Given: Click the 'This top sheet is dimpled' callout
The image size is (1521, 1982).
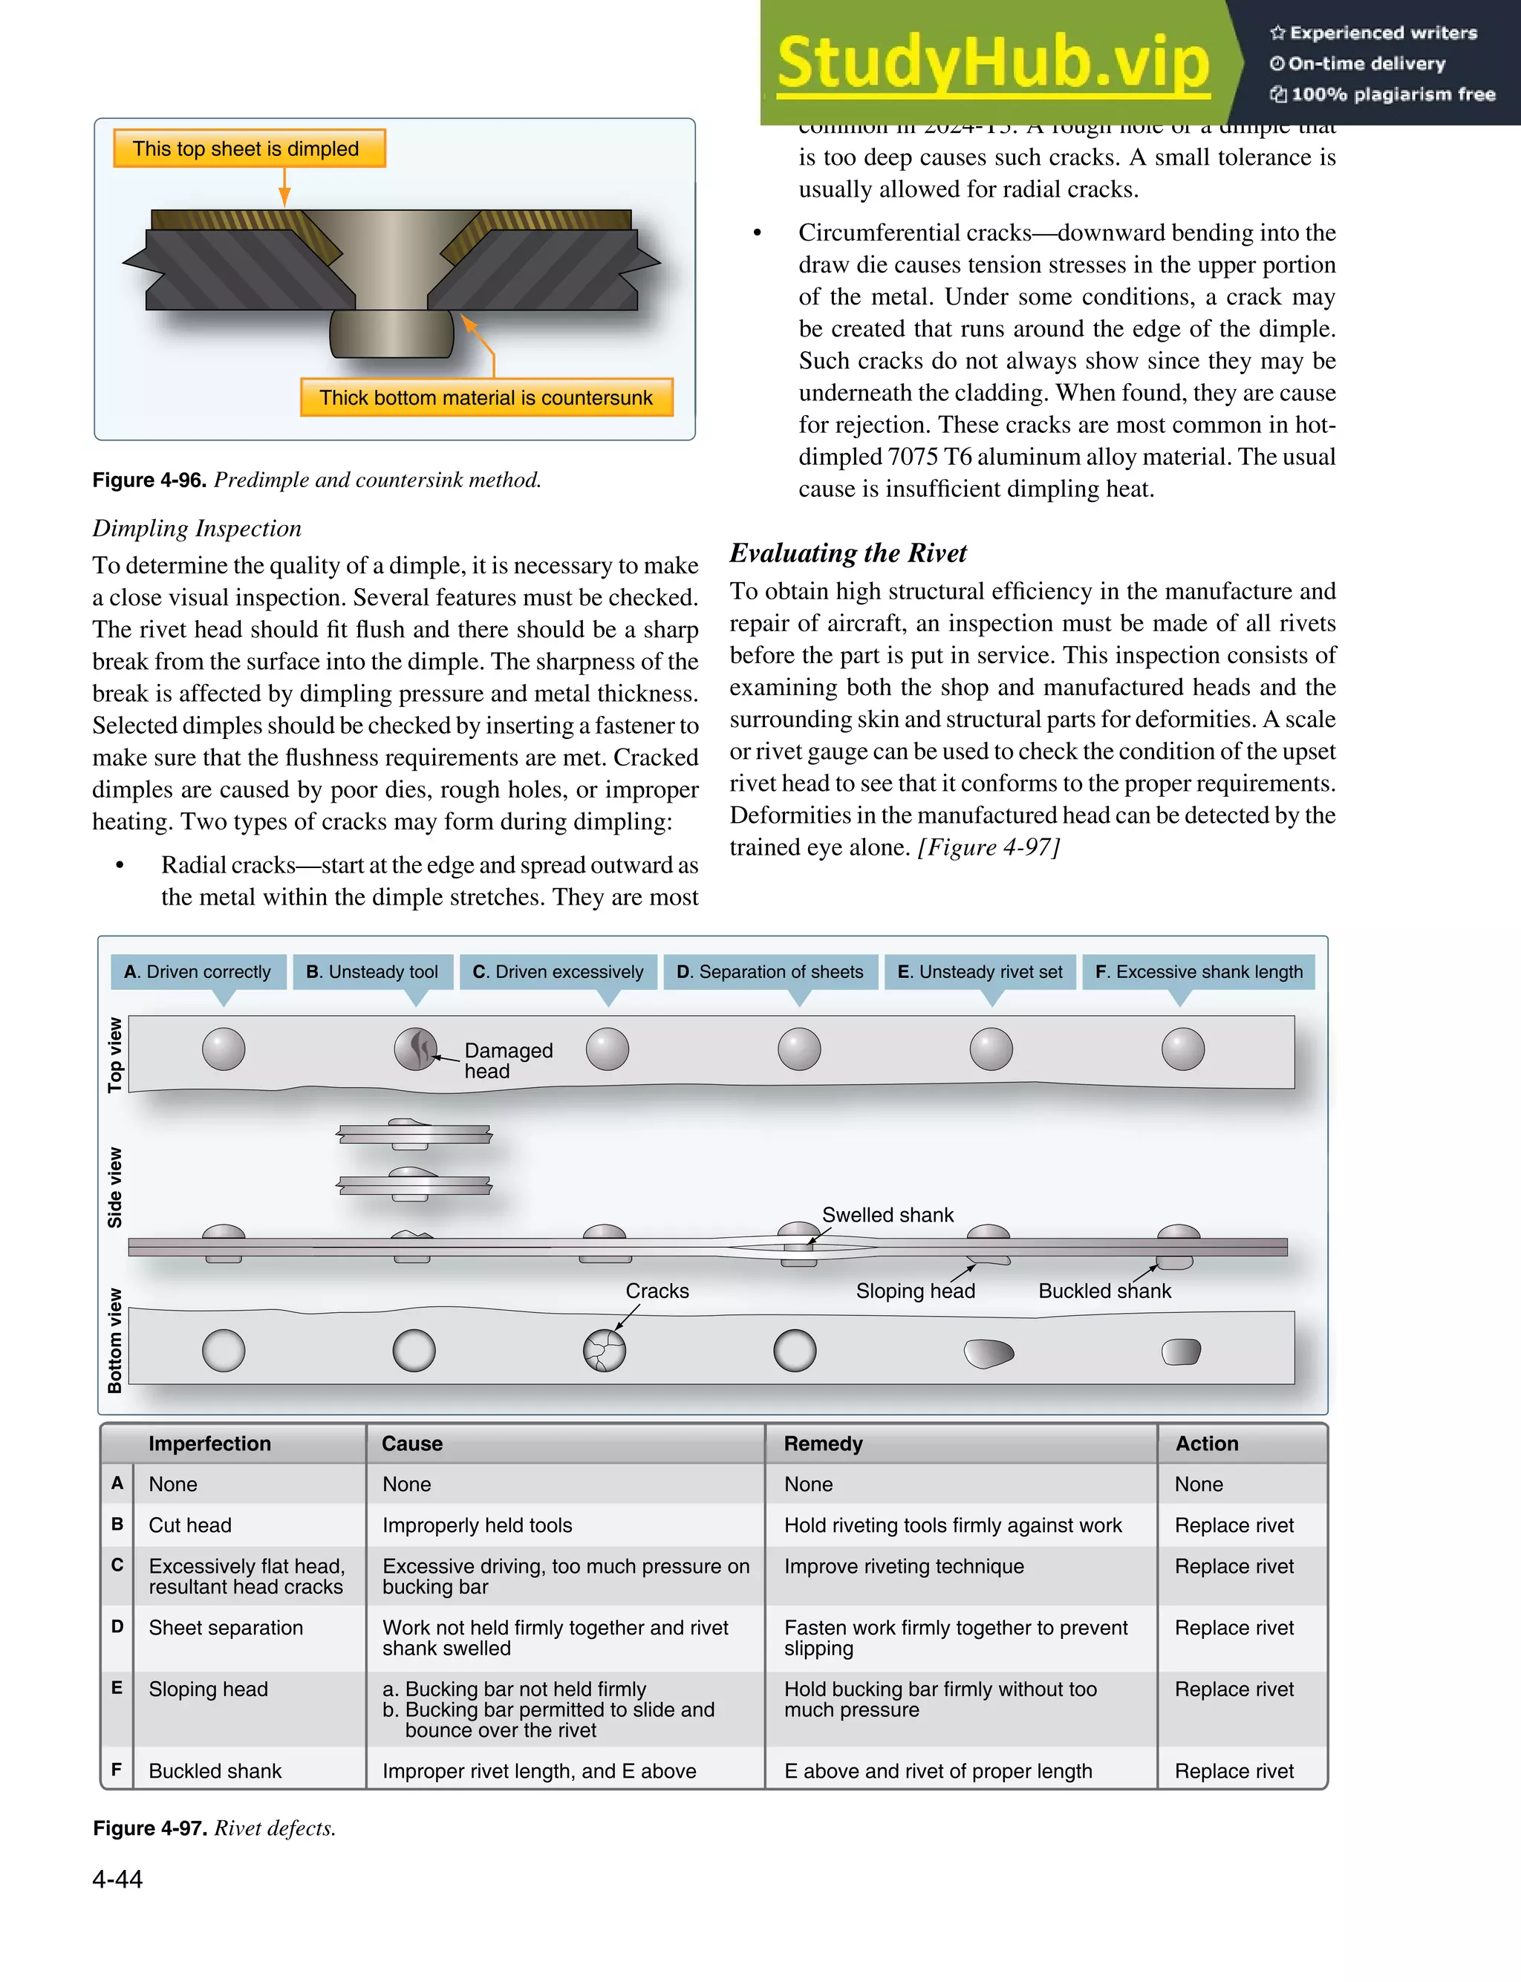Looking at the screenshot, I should pos(249,149).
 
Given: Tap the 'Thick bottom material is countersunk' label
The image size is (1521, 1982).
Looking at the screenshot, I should pos(486,397).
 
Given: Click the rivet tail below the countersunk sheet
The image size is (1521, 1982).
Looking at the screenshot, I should pos(391,333).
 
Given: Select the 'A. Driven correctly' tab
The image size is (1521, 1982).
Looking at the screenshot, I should pos(198,971).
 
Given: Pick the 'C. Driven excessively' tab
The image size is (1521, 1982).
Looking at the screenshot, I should pos(558,971).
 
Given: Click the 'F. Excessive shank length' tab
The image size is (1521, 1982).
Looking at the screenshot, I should pos(1198,971).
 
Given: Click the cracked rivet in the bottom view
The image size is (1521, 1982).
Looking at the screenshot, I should pos(605,1350).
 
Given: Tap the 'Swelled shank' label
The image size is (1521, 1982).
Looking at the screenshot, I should pos(887,1215).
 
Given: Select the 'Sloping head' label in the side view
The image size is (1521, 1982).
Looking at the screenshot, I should pos(915,1291).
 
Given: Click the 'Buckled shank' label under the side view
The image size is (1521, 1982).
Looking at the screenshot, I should pos(1104,1291).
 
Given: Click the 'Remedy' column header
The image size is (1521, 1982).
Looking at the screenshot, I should pos(823,1444).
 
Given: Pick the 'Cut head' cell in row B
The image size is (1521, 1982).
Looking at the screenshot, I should pos(190,1525).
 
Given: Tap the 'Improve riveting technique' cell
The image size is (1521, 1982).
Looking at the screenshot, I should pos(904,1565).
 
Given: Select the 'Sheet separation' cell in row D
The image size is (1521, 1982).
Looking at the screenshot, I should pos(226,1627).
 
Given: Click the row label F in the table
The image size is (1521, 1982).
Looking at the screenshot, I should pos(117,1770).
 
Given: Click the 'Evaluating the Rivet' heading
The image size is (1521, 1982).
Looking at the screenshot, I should pos(847,553).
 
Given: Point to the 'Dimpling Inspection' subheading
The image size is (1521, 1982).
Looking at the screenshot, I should pos(197,529).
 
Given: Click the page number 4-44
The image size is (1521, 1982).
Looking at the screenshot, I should pos(117,1879).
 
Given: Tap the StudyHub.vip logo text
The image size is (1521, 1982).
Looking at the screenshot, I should pos(992,62).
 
